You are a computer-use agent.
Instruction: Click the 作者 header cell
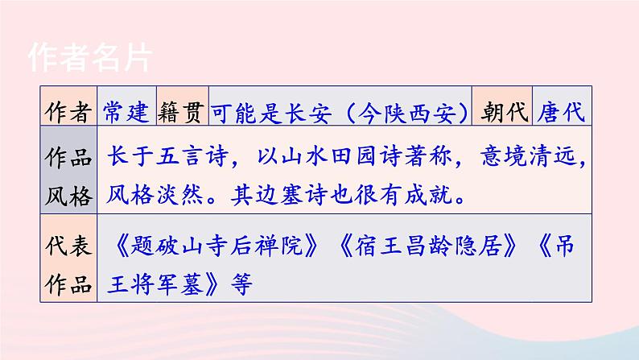tap(68, 112)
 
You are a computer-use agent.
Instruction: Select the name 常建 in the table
tap(126, 112)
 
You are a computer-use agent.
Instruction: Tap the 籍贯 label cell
tap(181, 112)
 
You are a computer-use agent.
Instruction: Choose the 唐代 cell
tap(561, 112)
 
